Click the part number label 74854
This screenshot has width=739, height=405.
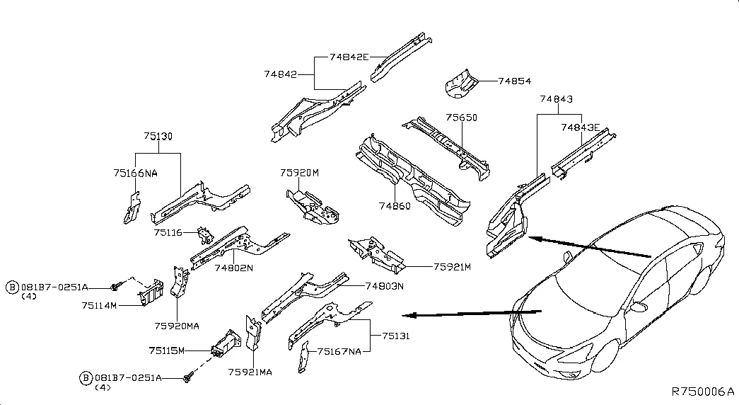point(514,81)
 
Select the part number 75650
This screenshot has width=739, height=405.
point(461,118)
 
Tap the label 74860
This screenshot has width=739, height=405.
point(393,205)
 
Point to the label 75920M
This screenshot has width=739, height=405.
point(299,172)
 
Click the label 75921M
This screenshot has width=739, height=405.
point(452,267)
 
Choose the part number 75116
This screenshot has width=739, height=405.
point(168,232)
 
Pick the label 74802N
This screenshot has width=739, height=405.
point(233,268)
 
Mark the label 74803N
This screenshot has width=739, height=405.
point(384,286)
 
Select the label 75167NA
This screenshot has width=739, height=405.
point(339,350)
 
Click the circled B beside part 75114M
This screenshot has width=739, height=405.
point(12,287)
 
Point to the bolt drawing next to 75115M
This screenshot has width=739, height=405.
point(189,380)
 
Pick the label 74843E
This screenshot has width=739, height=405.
point(580,127)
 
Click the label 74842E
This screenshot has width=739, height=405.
point(349,57)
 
